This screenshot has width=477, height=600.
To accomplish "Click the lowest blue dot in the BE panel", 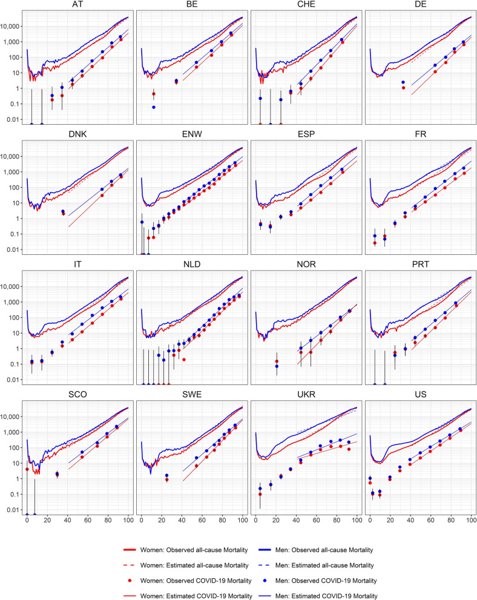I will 154,107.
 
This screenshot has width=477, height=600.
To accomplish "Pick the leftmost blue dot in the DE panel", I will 403,82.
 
